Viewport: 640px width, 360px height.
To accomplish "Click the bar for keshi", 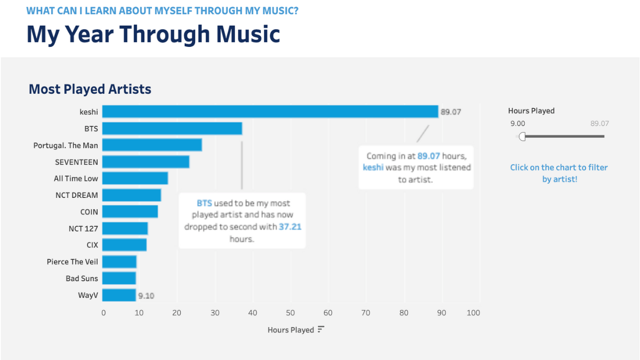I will (269, 111).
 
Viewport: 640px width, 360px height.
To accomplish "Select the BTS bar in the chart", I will (172, 129).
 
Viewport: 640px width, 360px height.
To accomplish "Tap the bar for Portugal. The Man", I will (152, 145).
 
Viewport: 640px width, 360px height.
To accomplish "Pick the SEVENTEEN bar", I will (146, 162).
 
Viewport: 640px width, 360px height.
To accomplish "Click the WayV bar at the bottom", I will (119, 295).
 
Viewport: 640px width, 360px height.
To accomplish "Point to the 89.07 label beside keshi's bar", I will (451, 112).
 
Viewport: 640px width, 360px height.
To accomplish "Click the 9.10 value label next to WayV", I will (146, 295).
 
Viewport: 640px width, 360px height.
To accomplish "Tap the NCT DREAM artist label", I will (76, 195).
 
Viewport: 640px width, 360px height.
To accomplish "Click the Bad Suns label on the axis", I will (82, 278).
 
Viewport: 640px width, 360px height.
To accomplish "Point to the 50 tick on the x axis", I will (290, 313).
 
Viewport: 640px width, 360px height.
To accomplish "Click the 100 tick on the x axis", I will (473, 313).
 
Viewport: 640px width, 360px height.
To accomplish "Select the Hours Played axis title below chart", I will (291, 330).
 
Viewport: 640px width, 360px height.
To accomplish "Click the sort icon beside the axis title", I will (321, 330).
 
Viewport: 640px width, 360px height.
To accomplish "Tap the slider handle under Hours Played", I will (522, 137).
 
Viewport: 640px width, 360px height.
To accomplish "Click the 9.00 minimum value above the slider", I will (517, 124).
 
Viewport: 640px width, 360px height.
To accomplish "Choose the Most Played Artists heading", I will (90, 89).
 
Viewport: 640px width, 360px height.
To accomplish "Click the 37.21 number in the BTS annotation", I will (291, 227).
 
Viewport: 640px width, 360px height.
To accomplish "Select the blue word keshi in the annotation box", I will (373, 167).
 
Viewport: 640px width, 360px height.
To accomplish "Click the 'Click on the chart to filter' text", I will (559, 167).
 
